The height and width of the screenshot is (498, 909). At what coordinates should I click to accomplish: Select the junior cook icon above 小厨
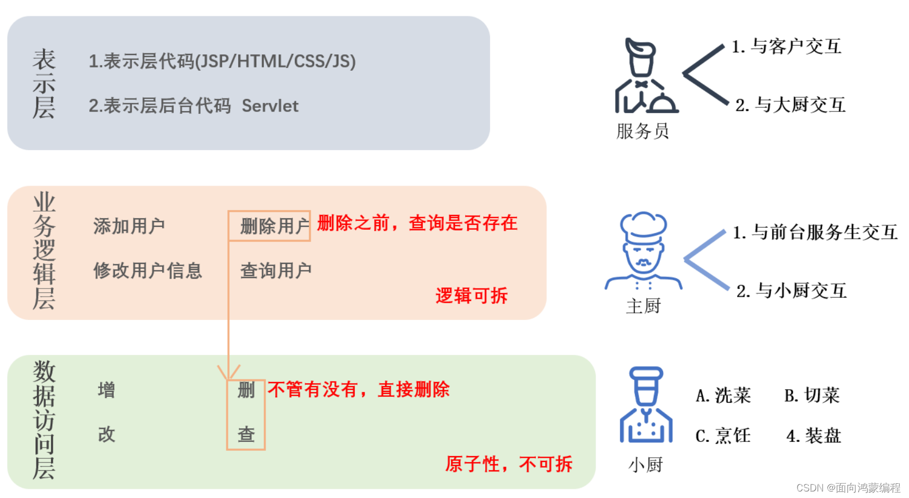646,405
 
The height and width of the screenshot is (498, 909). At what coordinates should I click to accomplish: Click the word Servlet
270,106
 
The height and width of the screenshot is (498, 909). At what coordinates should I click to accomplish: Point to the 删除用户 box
269,226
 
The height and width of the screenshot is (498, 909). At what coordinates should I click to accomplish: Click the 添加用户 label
129,226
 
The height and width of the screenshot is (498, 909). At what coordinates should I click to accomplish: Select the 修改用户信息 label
147,270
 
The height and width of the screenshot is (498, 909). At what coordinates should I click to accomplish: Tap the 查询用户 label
276,270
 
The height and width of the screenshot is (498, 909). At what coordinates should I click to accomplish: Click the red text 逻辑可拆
471,296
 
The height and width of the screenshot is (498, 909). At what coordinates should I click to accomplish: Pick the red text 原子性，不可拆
509,464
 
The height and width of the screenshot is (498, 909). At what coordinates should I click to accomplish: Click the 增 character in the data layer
107,390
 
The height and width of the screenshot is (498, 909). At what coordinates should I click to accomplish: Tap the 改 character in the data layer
107,434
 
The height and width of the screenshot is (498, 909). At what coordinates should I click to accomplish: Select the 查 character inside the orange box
246,434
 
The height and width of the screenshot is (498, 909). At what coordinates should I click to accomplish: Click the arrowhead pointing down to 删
228,373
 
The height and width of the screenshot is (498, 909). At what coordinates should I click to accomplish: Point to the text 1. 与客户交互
786,47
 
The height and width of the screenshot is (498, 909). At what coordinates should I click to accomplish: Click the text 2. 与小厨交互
791,291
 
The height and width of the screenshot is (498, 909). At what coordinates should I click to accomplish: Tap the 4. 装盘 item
813,436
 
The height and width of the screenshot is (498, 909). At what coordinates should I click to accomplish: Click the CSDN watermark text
848,488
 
